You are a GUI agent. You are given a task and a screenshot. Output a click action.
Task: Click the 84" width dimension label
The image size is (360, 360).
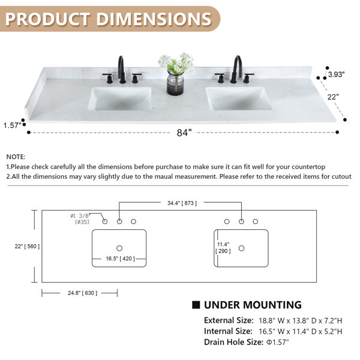(x=184, y=133)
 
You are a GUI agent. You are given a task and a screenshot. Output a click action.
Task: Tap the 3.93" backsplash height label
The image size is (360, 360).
(x=336, y=75)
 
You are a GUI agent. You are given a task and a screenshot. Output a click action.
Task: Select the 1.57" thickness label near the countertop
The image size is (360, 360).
(x=12, y=125)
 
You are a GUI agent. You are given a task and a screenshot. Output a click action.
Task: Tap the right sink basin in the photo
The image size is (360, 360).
(x=239, y=98)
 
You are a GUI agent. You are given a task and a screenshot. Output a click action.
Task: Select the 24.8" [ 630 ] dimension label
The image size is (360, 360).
(x=79, y=293)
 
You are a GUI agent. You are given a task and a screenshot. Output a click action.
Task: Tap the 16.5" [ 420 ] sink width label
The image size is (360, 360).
(x=119, y=259)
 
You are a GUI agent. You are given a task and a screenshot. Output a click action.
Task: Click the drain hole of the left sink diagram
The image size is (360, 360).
(x=119, y=248)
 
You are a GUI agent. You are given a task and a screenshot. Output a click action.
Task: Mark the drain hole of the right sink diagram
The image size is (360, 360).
(x=241, y=248)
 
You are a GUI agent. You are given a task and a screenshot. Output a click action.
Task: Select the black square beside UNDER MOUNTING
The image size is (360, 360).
(x=196, y=305)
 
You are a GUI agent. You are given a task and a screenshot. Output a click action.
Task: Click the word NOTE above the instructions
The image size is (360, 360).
(x=16, y=155)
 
